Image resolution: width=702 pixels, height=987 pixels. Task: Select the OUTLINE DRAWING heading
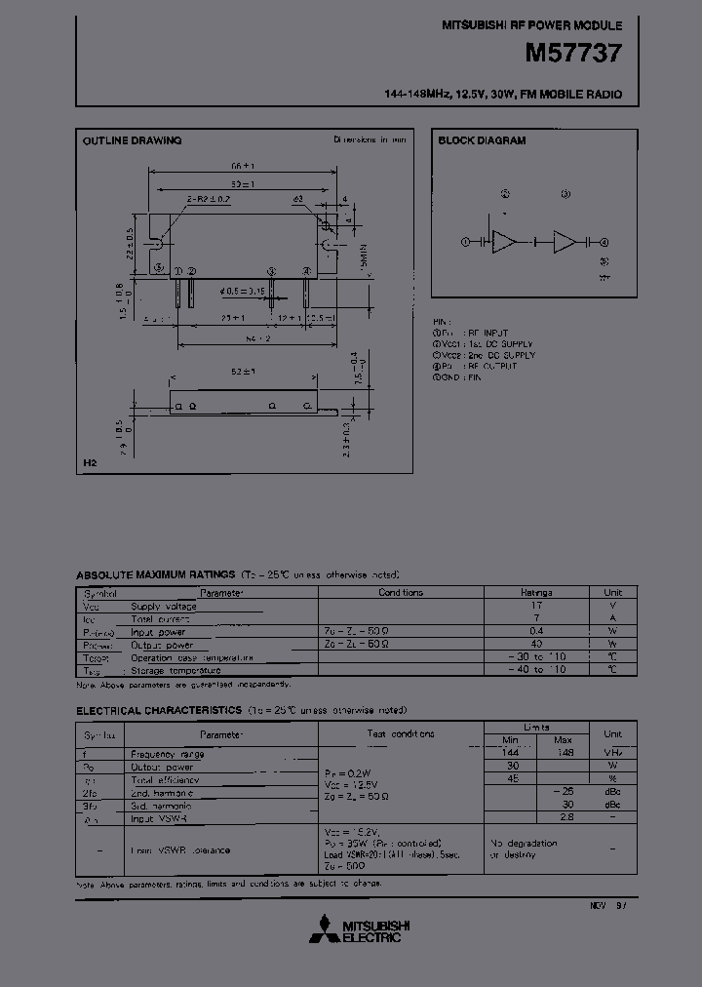pyautogui.click(x=132, y=140)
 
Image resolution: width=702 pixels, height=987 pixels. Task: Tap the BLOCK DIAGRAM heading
pyautogui.click(x=482, y=140)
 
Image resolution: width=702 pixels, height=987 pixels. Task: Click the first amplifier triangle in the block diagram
pyautogui.click(x=505, y=242)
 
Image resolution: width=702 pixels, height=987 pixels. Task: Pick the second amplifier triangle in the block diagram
pyautogui.click(x=565, y=242)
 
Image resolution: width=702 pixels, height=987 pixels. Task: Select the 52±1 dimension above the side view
pyautogui.click(x=243, y=373)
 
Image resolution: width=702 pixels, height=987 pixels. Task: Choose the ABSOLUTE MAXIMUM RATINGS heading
pyautogui.click(x=155, y=575)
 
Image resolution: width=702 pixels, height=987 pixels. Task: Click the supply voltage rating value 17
pyautogui.click(x=536, y=606)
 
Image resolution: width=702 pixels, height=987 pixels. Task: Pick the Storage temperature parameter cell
pyautogui.click(x=175, y=670)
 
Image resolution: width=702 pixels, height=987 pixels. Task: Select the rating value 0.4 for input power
pyautogui.click(x=536, y=631)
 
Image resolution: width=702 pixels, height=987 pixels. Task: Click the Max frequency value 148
pyautogui.click(x=563, y=753)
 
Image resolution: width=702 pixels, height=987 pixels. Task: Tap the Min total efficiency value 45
pyautogui.click(x=509, y=779)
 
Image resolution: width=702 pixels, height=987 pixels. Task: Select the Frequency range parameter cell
pyautogui.click(x=168, y=754)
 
